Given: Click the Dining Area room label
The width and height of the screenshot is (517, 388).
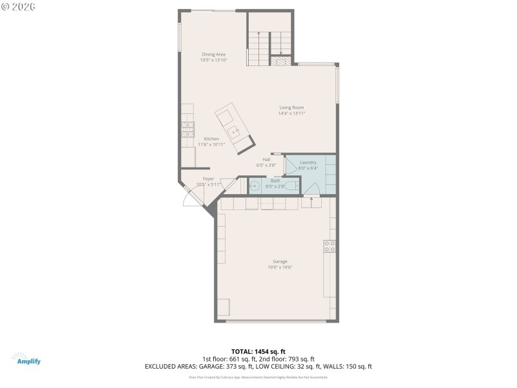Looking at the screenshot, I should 213,54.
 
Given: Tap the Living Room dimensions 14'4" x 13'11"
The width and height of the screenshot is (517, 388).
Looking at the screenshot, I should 291,113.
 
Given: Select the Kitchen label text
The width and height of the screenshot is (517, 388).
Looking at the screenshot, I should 211,139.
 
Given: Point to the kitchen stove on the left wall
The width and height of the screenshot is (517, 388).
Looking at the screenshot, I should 187,129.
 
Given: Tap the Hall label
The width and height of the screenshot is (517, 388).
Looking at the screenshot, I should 266,159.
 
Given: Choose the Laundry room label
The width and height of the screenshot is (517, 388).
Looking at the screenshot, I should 308,162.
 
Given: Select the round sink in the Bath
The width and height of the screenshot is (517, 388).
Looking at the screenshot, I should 254,187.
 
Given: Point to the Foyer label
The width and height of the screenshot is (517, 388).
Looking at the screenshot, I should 208,178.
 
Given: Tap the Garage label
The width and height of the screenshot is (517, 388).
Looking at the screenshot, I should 280,261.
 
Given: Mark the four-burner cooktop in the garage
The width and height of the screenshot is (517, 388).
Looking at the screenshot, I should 329,246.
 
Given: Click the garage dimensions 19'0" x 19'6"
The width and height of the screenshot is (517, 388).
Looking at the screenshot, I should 280,267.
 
